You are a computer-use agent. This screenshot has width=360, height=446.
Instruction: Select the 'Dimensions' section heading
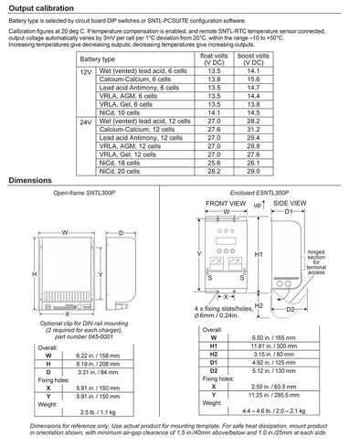(x=30, y=181)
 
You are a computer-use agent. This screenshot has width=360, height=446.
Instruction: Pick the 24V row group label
(x=86, y=121)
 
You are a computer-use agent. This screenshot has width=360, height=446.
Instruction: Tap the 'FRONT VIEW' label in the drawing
(x=225, y=206)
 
